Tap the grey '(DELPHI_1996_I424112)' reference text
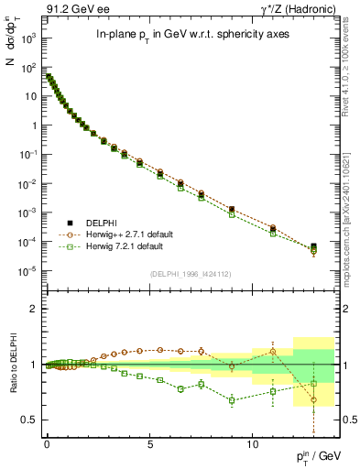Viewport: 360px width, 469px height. [x=189, y=273]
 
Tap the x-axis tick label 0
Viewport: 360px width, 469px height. [x=47, y=441]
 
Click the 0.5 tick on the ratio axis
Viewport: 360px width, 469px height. [x=32, y=420]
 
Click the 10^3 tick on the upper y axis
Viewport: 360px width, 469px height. [x=30, y=38]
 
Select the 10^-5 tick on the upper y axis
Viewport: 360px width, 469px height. [x=29, y=271]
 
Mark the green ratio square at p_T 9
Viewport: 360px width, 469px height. [x=232, y=399]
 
